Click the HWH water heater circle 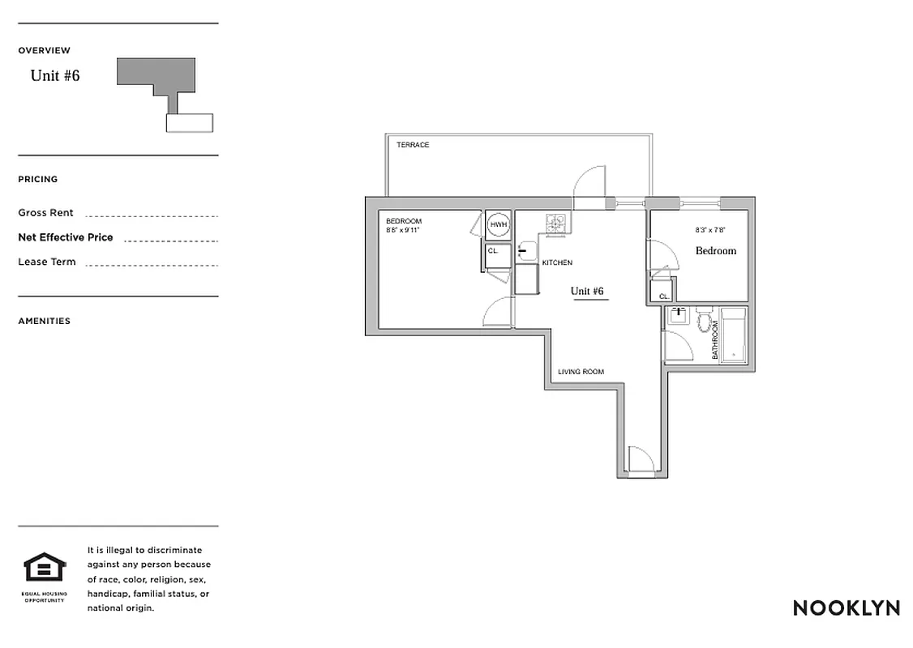[498, 225]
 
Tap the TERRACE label [413, 145]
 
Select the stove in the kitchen [557, 223]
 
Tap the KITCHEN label [557, 263]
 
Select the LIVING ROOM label [581, 373]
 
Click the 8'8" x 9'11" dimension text [402, 230]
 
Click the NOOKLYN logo [846, 608]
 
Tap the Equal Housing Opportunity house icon [45, 568]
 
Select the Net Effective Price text [66, 237]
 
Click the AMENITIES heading [45, 321]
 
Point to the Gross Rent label [45, 213]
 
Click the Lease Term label [47, 262]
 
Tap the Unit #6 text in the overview [55, 76]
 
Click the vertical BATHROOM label [715, 340]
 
